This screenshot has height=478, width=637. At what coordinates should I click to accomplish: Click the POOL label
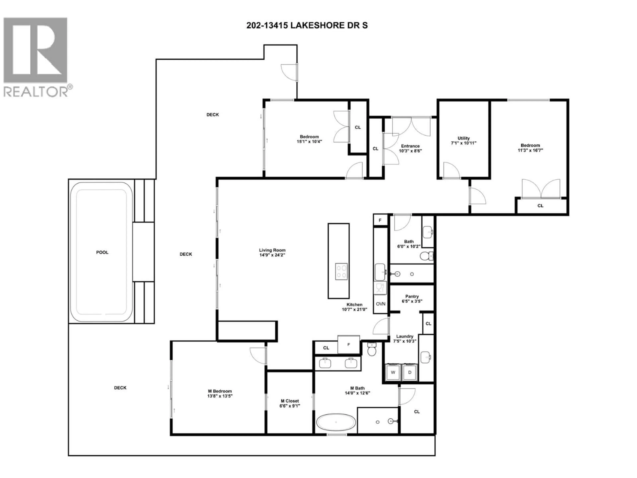point(102,252)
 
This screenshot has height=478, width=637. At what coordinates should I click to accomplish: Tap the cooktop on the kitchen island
point(341,272)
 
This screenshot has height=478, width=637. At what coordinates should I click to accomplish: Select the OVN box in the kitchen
point(380,304)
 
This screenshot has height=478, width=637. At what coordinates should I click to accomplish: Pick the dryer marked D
point(410,372)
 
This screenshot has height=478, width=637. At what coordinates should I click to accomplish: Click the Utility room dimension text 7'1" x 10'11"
point(464,143)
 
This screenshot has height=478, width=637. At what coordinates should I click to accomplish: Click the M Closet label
point(290,401)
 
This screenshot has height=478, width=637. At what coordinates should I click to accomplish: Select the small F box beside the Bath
point(380,220)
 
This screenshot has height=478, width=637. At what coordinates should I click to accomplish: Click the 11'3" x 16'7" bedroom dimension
point(530,150)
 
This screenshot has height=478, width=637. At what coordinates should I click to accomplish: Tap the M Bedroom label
point(220,391)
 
